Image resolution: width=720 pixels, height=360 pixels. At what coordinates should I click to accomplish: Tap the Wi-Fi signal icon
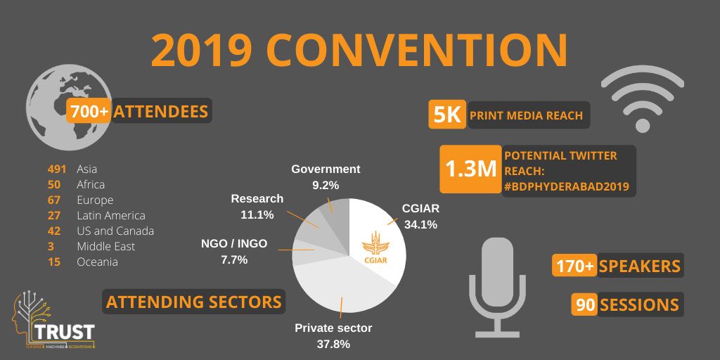coord(642,98)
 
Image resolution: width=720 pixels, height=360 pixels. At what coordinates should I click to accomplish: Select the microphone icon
coord(499,285)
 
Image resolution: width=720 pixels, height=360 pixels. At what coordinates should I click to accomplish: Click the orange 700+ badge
coord(89,111)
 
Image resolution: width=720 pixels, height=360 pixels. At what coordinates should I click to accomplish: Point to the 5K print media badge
coord(447,115)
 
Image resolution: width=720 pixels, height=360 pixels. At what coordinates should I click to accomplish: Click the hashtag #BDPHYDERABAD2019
coord(567,186)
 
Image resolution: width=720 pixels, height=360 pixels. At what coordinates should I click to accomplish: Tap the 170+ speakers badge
coord(574,266)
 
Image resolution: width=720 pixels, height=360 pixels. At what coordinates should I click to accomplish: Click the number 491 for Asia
coord(57,169)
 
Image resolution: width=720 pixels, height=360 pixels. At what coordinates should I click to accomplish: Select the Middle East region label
coord(105,247)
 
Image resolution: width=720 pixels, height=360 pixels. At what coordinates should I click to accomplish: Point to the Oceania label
coord(97,262)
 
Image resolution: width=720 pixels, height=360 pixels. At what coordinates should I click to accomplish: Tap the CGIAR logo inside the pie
coord(375,250)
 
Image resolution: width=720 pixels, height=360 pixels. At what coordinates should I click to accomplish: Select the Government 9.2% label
coord(326,176)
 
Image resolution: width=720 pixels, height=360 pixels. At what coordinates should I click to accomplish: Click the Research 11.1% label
coord(257,206)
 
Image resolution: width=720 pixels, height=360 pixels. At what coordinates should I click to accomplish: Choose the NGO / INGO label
coord(234,251)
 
